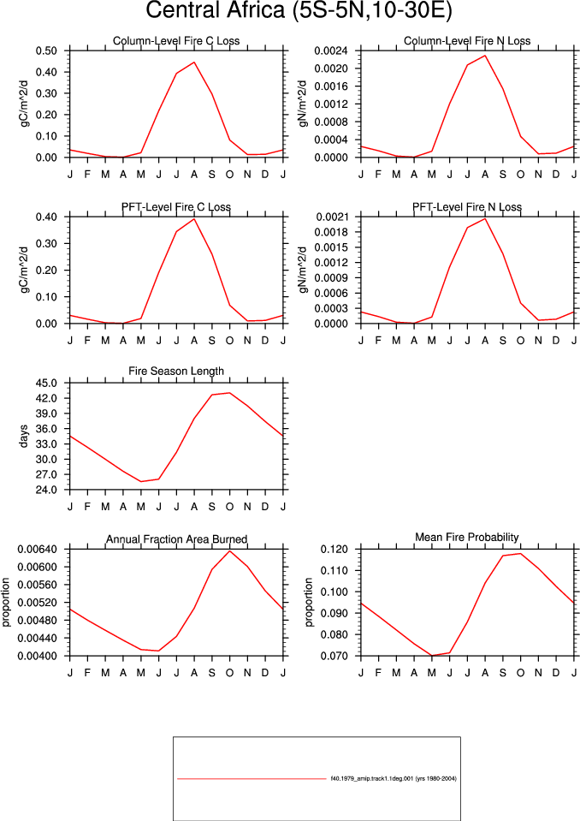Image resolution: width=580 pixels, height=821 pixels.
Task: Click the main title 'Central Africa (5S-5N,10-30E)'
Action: pyautogui.click(x=299, y=10)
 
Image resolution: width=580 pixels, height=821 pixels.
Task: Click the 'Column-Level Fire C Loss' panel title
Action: pyautogui.click(x=176, y=41)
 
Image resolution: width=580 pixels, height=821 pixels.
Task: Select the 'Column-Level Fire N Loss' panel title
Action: pyautogui.click(x=467, y=41)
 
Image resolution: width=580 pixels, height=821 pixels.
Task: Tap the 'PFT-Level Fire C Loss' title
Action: pyautogui.click(x=176, y=207)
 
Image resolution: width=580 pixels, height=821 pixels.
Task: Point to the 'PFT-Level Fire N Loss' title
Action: pyautogui.click(x=467, y=207)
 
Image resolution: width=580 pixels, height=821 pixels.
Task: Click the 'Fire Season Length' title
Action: pyautogui.click(x=176, y=372)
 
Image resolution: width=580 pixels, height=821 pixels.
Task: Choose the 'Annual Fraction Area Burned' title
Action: pyautogui.click(x=177, y=539)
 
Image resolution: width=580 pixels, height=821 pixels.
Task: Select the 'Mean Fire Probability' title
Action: pyautogui.click(x=467, y=538)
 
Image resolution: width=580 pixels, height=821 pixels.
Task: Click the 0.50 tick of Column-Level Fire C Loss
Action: pyautogui.click(x=46, y=51)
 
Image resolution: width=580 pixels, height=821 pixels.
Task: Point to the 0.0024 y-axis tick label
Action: pyautogui.click(x=331, y=51)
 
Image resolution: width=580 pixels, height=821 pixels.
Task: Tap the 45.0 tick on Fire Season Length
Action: pyautogui.click(x=46, y=384)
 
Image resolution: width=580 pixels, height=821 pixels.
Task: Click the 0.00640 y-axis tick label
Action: pyautogui.click(x=37, y=550)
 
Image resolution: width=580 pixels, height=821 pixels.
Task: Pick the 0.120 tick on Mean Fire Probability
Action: pyautogui.click(x=334, y=550)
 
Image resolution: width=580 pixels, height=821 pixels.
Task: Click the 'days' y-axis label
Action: pyautogui.click(x=24, y=437)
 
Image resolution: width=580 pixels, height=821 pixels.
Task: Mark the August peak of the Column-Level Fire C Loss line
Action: pyautogui.click(x=194, y=62)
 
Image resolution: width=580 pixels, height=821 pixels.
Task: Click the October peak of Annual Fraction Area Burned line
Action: pyautogui.click(x=229, y=550)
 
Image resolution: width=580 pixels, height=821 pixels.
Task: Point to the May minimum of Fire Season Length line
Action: pyautogui.click(x=141, y=482)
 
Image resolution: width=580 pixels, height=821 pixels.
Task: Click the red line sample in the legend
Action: pyautogui.click(x=252, y=779)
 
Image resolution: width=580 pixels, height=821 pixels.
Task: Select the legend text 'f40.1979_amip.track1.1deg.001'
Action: pyautogui.click(x=372, y=778)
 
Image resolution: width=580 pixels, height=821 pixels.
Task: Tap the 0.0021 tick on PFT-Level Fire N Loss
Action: pyautogui.click(x=331, y=217)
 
